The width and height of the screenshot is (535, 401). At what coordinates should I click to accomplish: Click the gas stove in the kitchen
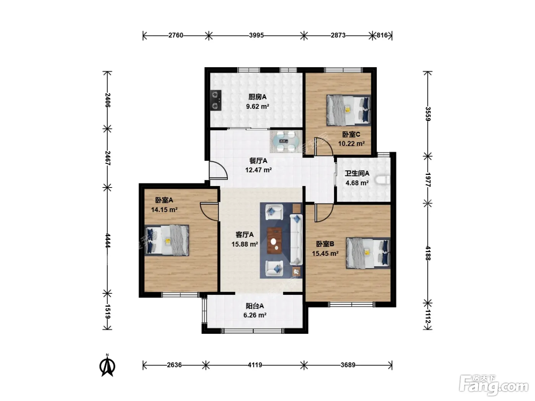216,100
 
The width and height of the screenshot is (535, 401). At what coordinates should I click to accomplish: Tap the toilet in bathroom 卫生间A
383,180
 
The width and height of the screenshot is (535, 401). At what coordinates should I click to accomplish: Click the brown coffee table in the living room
274,240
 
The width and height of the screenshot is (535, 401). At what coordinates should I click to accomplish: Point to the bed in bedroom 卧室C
349,110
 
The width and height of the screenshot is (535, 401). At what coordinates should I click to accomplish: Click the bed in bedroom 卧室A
167,240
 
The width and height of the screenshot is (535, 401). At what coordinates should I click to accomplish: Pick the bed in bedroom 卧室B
368,253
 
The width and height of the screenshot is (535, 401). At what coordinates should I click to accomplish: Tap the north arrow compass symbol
107,365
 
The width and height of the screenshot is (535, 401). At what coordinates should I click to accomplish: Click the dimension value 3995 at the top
256,35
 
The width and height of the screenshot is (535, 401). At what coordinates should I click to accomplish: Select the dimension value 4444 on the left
108,240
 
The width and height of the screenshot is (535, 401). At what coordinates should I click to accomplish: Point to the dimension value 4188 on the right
428,253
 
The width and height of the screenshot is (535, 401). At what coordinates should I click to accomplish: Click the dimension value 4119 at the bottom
255,365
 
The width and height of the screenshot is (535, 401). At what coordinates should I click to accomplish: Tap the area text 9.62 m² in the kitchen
258,107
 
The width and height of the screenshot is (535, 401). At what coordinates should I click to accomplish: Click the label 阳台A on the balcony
255,306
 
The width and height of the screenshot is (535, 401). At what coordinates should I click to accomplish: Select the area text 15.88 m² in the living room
245,244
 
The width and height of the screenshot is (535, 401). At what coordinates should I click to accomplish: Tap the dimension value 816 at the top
382,35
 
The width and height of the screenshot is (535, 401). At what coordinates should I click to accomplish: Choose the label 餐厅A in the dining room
258,161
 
